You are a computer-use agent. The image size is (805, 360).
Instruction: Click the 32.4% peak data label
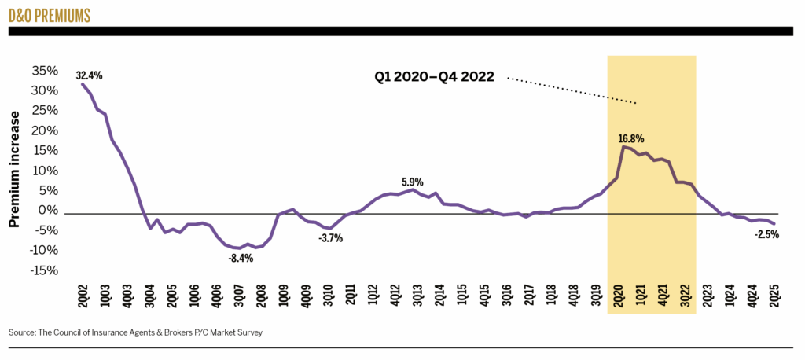pos(90,76)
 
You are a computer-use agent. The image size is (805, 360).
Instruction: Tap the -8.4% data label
pos(241,258)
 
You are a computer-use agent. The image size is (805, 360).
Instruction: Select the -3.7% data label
pos(331,238)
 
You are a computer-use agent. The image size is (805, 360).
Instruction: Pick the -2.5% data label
pos(766,234)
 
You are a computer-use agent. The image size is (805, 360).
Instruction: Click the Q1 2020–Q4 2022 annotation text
pos(433,78)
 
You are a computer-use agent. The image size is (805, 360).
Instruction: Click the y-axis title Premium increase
pos(14,169)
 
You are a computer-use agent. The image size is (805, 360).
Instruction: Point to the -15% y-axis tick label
pos(43,270)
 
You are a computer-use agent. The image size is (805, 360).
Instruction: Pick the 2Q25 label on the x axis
pos(774,299)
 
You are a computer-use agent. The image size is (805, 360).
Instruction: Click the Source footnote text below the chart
pos(135,332)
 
